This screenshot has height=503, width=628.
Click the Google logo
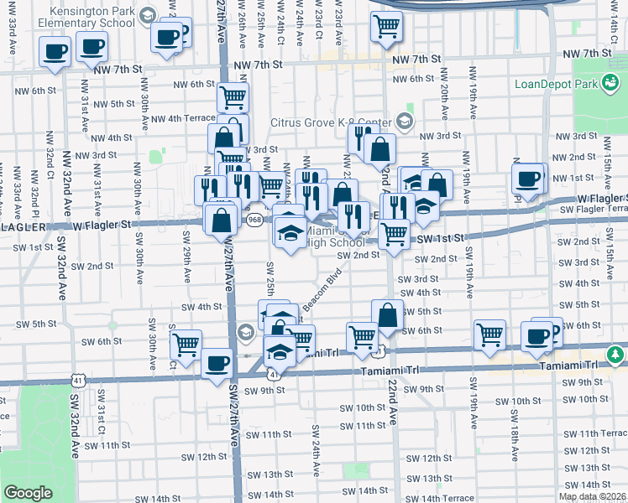click(x=28, y=493)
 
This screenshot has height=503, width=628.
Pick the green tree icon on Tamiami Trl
click(x=616, y=355)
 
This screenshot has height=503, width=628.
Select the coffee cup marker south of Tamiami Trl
click(x=217, y=363)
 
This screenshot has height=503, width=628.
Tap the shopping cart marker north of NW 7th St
click(x=385, y=26)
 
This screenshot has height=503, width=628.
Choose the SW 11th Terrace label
click(x=594, y=433)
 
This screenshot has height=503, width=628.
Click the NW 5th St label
click(x=114, y=104)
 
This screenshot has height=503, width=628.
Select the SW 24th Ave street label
click(x=317, y=450)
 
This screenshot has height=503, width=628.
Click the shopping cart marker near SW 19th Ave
click(x=489, y=335)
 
